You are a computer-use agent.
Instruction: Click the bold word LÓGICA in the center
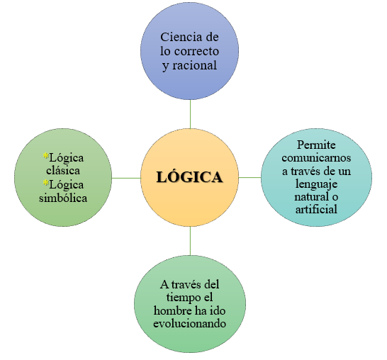tap(189, 176)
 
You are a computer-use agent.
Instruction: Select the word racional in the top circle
tap(194, 65)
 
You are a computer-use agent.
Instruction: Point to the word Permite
tap(316, 145)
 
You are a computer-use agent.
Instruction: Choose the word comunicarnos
tap(316, 157)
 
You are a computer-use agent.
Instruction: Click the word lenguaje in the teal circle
tap(316, 184)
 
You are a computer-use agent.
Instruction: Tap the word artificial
tap(316, 209)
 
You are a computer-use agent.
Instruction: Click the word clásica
tap(63, 171)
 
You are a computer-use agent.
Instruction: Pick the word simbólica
tap(63, 198)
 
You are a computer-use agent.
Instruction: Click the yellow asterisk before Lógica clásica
tap(46, 156)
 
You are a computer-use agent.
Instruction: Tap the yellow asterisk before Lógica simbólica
tap(46, 183)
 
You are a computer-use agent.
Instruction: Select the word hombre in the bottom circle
tap(172, 310)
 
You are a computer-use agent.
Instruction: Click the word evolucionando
tap(189, 323)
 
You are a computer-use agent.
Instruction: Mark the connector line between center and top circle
tap(190, 114)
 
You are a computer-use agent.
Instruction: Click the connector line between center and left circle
tap(126, 178)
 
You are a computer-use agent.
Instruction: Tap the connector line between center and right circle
tap(249, 177)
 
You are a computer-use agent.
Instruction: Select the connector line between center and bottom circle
tap(190, 241)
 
